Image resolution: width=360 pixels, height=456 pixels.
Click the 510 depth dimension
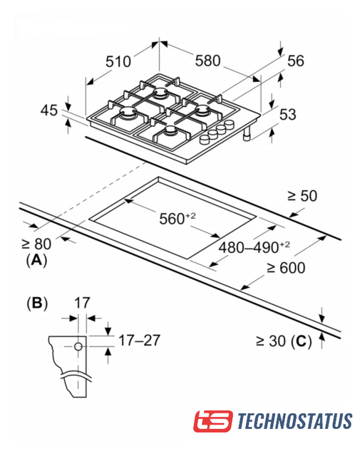118,62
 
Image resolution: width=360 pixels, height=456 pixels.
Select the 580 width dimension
207,61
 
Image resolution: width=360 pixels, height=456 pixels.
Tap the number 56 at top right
296,61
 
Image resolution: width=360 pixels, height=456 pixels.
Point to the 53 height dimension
287,114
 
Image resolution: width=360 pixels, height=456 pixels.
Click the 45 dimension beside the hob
49,110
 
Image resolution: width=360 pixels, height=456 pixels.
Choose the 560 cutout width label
178,219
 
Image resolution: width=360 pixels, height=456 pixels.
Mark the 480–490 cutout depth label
254,247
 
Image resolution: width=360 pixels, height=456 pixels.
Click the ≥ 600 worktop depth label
286,268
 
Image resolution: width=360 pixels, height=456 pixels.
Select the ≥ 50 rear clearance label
302,196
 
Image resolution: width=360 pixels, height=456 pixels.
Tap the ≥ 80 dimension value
36,244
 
